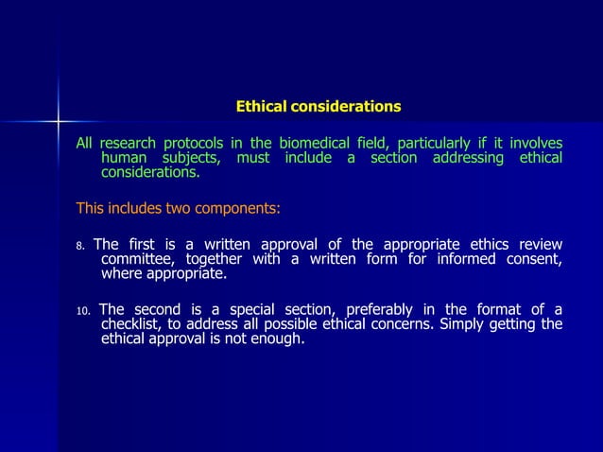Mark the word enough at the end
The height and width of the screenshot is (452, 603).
pyautogui.click(x=279, y=340)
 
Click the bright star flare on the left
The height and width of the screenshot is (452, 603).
pyautogui.click(x=58, y=122)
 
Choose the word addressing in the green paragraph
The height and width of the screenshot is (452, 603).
pyautogui.click(x=468, y=158)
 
